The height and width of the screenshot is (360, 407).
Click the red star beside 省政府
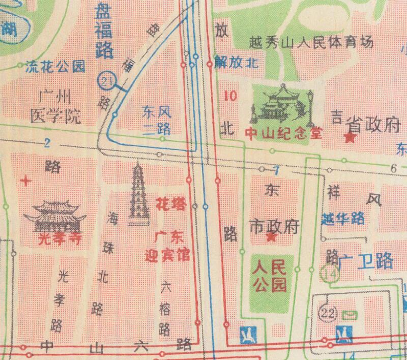click(350, 137)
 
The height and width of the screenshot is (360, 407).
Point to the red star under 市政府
click(272, 237)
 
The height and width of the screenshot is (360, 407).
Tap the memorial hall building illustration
click(281, 104)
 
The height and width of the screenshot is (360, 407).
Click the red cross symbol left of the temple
click(26, 180)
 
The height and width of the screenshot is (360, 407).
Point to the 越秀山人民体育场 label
click(312, 42)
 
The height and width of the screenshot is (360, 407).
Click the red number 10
click(230, 95)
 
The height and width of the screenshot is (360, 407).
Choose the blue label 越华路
click(343, 219)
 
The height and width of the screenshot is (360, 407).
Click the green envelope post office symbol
click(350, 314)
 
